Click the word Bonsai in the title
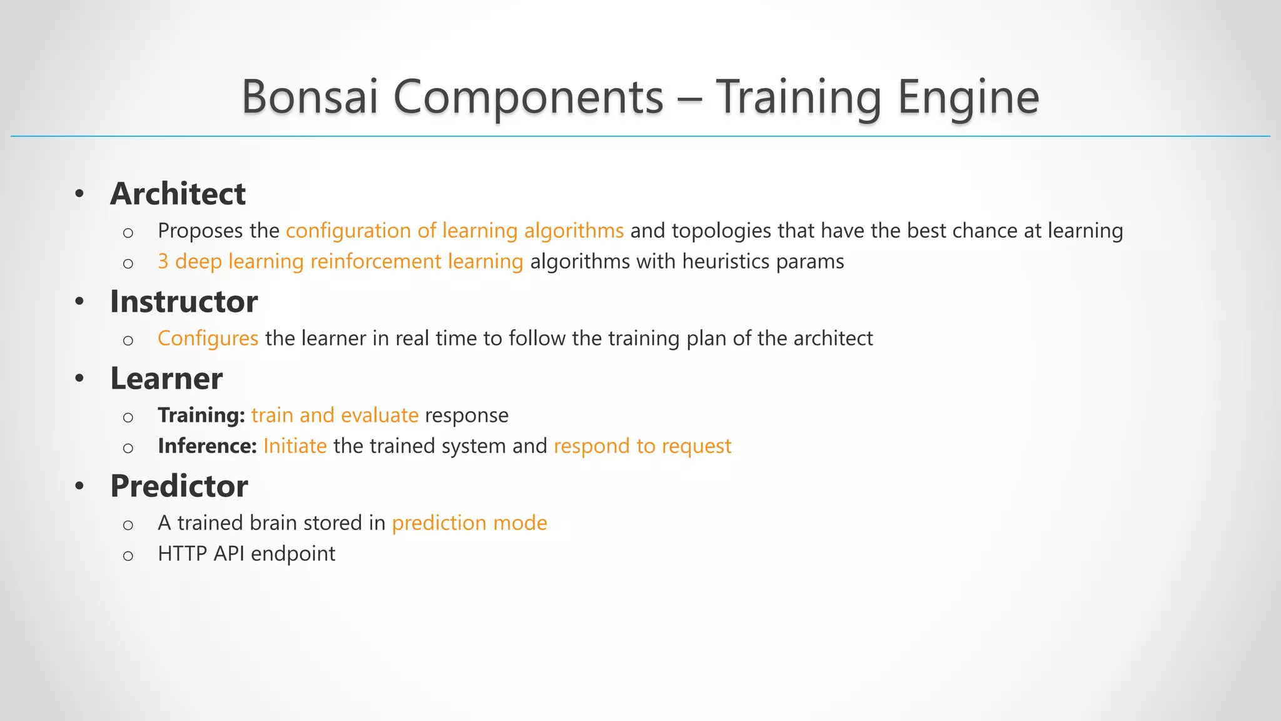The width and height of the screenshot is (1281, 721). point(310,97)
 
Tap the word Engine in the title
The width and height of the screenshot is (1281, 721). point(968,98)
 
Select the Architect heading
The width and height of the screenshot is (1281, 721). point(178,193)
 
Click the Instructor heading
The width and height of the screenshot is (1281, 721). point(184,301)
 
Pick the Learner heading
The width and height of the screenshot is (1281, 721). point(166,378)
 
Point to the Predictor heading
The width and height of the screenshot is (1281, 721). point(179,486)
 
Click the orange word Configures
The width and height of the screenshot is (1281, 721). point(208,339)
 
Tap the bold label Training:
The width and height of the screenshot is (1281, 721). point(201,415)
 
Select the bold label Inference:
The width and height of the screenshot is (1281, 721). point(207,446)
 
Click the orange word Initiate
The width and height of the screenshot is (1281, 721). point(295,446)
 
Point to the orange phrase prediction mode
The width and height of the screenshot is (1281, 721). point(469,523)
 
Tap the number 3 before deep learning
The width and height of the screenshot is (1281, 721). point(163,262)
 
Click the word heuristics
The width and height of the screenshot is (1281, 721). point(726,262)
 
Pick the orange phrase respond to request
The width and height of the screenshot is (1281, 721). point(642,446)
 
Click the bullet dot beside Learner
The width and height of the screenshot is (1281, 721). point(79,379)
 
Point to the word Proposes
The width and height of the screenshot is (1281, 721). point(200,231)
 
